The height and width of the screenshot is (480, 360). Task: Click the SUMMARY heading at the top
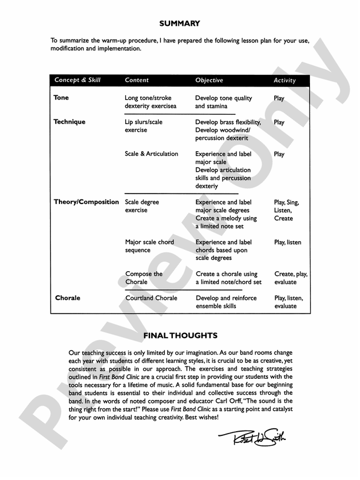tap(179, 24)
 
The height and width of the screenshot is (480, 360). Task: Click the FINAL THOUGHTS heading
tap(180, 336)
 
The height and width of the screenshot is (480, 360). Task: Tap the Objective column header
tap(209, 80)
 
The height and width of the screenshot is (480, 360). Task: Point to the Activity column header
tap(285, 80)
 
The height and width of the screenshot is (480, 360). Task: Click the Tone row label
tap(61, 98)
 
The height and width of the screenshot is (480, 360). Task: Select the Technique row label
tap(69, 122)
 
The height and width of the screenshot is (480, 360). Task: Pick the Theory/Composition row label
tap(86, 202)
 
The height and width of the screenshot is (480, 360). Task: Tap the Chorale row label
tap(68, 298)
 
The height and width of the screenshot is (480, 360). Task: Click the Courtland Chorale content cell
tap(151, 298)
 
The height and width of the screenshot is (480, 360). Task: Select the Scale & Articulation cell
tap(151, 154)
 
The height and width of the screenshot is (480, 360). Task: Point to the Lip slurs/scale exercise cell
tap(144, 126)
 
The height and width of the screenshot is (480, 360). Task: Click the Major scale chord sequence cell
tap(149, 246)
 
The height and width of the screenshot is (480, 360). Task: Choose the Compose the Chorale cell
tap(144, 278)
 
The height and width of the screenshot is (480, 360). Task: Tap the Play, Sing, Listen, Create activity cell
tap(286, 210)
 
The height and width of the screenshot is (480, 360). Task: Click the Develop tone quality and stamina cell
tap(223, 102)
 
